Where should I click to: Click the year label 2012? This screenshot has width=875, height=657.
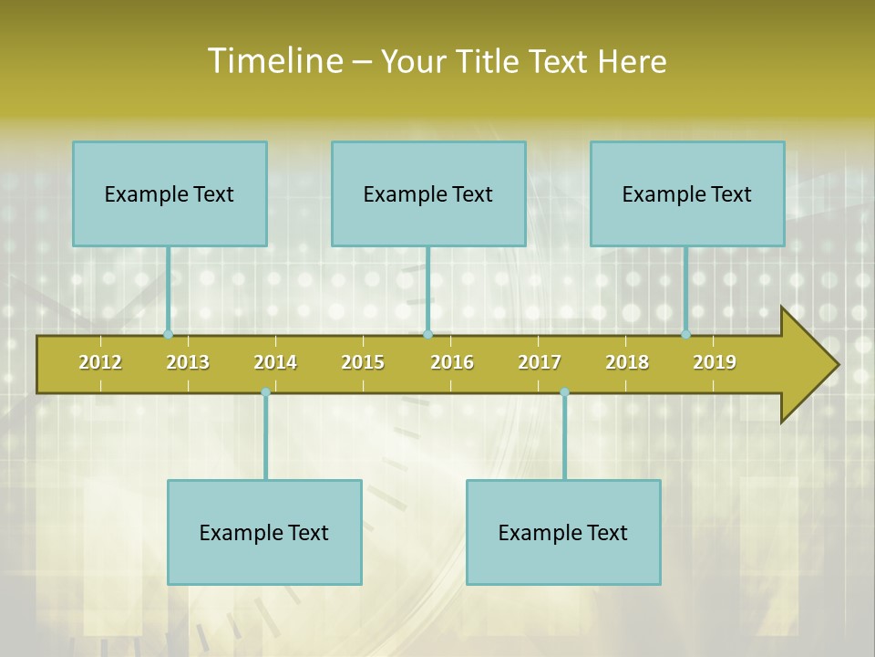click(x=100, y=362)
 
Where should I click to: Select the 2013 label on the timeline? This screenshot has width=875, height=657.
click(x=188, y=362)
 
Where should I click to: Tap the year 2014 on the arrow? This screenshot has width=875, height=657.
click(x=275, y=362)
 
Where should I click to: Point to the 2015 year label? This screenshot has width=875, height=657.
click(x=363, y=362)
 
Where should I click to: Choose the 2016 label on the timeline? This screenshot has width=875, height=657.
click(x=452, y=362)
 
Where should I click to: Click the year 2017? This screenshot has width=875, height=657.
click(x=540, y=362)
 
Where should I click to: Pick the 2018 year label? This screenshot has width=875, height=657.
click(x=627, y=362)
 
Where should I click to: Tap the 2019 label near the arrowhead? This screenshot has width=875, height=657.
click(x=715, y=362)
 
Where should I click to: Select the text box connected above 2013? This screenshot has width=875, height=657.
click(x=170, y=193)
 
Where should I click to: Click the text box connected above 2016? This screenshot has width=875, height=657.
click(x=428, y=193)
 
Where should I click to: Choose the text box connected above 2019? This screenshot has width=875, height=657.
click(x=687, y=193)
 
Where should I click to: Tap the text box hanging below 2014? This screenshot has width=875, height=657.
click(x=264, y=532)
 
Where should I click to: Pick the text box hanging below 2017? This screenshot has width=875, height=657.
click(x=563, y=532)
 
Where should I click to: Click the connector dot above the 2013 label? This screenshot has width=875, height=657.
click(x=168, y=335)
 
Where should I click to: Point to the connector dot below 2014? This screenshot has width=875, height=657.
click(x=265, y=392)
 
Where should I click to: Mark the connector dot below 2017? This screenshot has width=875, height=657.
click(x=564, y=392)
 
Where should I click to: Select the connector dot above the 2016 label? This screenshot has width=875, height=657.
click(x=427, y=335)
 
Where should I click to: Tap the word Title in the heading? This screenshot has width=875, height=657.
click(x=487, y=61)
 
